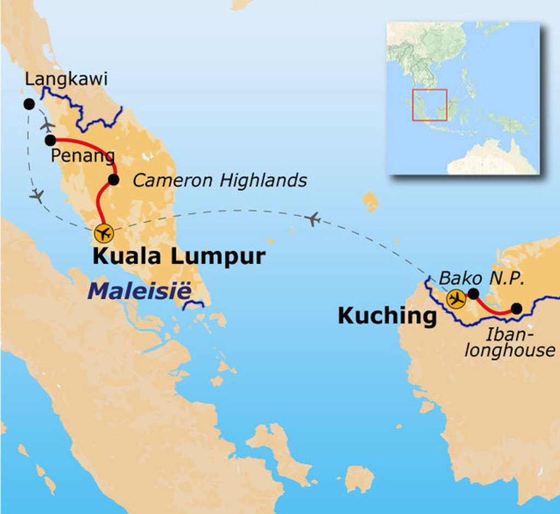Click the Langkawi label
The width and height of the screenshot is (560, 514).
66,79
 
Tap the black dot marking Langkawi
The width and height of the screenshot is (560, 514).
29,104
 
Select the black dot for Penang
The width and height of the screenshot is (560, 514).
50,140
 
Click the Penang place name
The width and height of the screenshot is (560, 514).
83,156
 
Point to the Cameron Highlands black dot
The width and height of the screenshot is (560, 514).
113,179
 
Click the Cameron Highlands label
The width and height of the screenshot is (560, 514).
220,180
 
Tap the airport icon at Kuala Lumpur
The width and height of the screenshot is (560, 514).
103,233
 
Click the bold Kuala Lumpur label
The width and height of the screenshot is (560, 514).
179,256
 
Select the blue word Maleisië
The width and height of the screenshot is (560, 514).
139,291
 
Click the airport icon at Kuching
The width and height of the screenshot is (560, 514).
456,299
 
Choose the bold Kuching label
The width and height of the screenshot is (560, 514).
387,316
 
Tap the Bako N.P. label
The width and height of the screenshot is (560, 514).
482,278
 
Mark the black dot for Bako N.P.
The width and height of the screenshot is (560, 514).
474,294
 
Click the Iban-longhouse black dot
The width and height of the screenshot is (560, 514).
516,309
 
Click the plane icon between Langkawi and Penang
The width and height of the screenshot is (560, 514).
48,125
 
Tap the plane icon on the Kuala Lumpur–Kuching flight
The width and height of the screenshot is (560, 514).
313,219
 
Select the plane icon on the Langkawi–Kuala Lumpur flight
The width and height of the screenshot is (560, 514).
37,195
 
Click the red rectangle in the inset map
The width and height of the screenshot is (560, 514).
430,105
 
